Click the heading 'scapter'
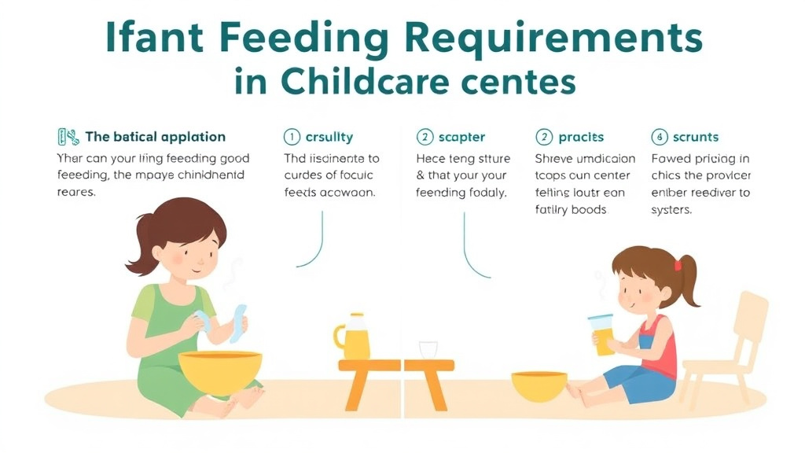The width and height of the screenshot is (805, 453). pyautogui.click(x=461, y=138)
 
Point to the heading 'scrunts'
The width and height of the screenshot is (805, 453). pyautogui.click(x=695, y=138)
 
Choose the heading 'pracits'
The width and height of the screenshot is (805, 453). pyautogui.click(x=581, y=138)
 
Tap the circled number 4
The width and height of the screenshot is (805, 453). pyautogui.click(x=660, y=138)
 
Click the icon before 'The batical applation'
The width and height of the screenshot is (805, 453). pyautogui.click(x=68, y=138)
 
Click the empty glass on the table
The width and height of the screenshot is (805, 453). pyautogui.click(x=428, y=350)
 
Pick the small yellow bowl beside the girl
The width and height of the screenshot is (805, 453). pyautogui.click(x=539, y=385)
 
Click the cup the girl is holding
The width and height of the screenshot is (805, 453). pyautogui.click(x=602, y=333)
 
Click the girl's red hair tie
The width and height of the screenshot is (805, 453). pyautogui.click(x=678, y=266)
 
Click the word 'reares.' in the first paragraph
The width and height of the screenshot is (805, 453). pyautogui.click(x=76, y=192)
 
